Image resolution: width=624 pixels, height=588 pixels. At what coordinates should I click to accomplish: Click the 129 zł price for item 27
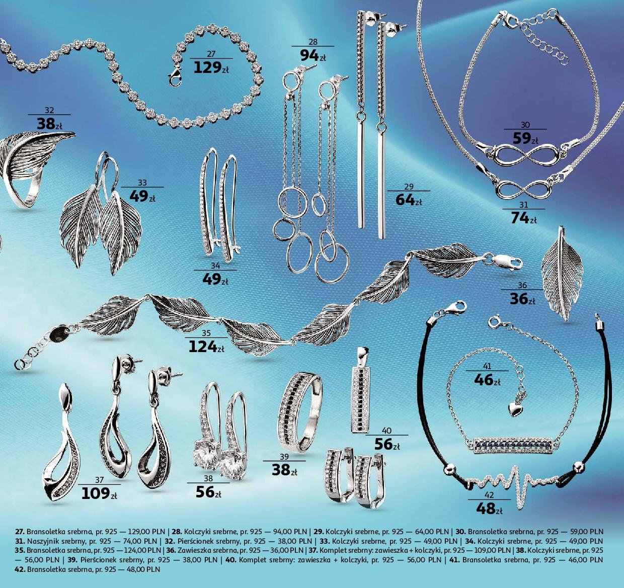pyautogui.click(x=211, y=68)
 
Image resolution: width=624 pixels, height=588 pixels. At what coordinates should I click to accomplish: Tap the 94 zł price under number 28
pyautogui.click(x=313, y=56)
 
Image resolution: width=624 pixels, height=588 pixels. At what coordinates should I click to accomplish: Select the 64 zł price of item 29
pyautogui.click(x=409, y=200)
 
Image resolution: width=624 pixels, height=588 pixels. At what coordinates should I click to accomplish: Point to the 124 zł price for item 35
pyautogui.click(x=206, y=347)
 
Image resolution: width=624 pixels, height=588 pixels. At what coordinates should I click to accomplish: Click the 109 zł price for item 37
pyautogui.click(x=99, y=494)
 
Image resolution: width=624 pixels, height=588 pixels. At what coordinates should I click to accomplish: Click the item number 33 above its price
pyautogui.click(x=142, y=183)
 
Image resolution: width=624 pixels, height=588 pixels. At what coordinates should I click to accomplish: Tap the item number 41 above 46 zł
pyautogui.click(x=487, y=366)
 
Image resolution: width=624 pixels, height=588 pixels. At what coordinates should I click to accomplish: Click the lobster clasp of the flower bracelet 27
pyautogui.click(x=175, y=77)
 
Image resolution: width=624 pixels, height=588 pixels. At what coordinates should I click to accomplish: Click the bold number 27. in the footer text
pyautogui.click(x=20, y=532)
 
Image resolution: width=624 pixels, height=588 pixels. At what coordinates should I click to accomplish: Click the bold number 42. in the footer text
pyautogui.click(x=20, y=569)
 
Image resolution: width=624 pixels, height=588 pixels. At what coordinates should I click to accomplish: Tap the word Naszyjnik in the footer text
pyautogui.click(x=43, y=542)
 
